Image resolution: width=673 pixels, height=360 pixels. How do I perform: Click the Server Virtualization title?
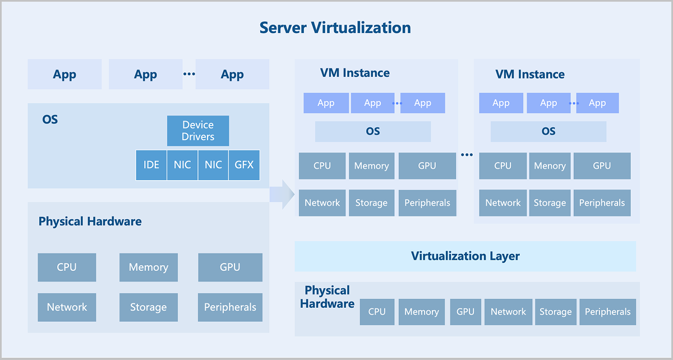[x=335, y=27]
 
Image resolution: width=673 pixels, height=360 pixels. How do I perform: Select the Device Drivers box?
[x=198, y=131]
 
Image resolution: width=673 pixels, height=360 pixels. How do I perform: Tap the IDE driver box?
[x=151, y=165]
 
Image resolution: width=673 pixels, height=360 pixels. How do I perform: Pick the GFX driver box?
[x=244, y=165]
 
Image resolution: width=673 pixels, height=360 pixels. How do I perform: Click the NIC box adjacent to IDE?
[x=182, y=165]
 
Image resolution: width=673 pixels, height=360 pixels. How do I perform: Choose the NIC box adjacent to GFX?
[x=213, y=165]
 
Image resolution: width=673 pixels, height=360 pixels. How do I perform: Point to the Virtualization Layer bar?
[x=465, y=256]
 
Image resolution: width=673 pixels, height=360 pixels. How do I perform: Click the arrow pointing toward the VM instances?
[x=283, y=194]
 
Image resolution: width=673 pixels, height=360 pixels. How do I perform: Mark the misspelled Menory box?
[x=550, y=166]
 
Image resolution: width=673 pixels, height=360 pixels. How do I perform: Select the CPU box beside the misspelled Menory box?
[x=503, y=166]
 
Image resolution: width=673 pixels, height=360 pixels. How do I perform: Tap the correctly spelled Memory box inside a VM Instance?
[x=371, y=166]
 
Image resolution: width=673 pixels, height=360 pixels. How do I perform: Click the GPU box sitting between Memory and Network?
[x=465, y=312]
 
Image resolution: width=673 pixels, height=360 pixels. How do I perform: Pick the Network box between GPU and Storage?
[x=508, y=312]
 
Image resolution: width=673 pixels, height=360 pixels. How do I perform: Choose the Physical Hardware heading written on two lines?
[x=327, y=297]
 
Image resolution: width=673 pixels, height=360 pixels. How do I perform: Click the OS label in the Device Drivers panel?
[x=50, y=119]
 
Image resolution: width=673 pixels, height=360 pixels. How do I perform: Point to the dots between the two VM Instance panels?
[x=467, y=155]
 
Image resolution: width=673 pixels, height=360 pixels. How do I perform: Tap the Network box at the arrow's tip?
[x=322, y=203]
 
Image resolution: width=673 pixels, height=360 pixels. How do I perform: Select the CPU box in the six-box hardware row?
[x=377, y=312]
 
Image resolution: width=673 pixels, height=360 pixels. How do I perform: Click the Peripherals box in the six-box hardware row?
[x=607, y=312]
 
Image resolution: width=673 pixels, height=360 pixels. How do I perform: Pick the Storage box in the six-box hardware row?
[x=555, y=312]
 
